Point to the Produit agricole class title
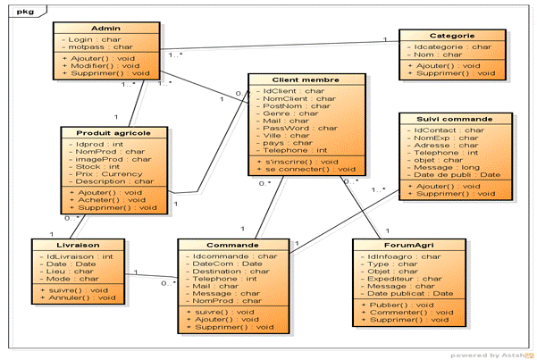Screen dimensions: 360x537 [x=113, y=132]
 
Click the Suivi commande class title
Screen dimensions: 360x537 [x=455, y=119]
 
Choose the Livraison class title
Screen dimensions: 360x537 [x=76, y=244]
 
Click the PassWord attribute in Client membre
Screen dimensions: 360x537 [x=294, y=128]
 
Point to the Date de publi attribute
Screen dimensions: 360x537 [x=456, y=174]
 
